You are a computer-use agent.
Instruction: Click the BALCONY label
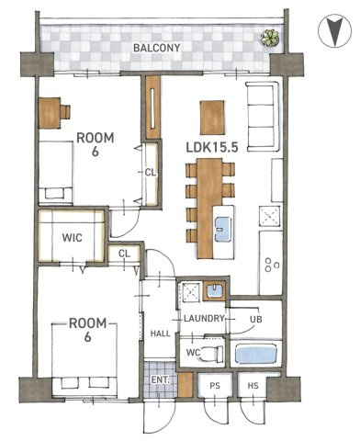157,48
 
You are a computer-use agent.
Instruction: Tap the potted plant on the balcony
270,38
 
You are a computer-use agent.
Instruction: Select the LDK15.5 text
212,148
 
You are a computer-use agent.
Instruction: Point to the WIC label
73,237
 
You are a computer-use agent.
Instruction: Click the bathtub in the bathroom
258,353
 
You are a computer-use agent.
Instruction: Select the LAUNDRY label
204,319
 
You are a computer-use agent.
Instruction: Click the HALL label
161,334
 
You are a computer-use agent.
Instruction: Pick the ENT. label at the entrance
161,380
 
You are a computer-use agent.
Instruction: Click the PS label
215,386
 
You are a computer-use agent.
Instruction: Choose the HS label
253,386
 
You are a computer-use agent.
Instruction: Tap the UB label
256,319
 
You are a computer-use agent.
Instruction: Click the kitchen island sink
222,229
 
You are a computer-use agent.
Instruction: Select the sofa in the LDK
263,117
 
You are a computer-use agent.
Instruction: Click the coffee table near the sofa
212,118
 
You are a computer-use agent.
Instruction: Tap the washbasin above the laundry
214,289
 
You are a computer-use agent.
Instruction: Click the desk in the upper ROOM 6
50,113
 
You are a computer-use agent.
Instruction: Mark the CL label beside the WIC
124,254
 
